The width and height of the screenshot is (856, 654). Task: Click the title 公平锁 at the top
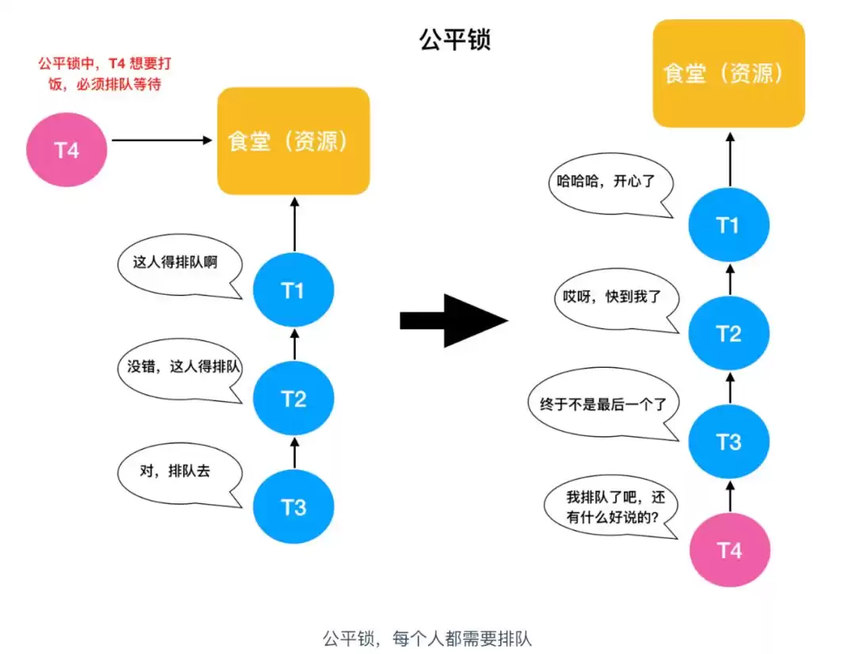point(455,40)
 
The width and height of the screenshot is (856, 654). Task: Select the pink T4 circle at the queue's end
point(729,549)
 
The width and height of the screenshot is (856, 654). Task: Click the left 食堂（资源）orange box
point(293,141)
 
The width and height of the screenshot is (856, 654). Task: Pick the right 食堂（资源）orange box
point(728,74)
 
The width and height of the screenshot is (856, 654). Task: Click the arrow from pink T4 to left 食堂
point(162,140)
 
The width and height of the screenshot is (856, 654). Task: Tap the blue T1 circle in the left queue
point(293,291)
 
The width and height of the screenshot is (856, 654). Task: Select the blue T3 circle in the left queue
point(293,507)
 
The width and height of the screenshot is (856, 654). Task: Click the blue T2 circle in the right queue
point(728,334)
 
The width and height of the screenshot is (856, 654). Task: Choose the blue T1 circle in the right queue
point(728,226)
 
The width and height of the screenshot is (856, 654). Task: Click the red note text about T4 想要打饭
point(99,73)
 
